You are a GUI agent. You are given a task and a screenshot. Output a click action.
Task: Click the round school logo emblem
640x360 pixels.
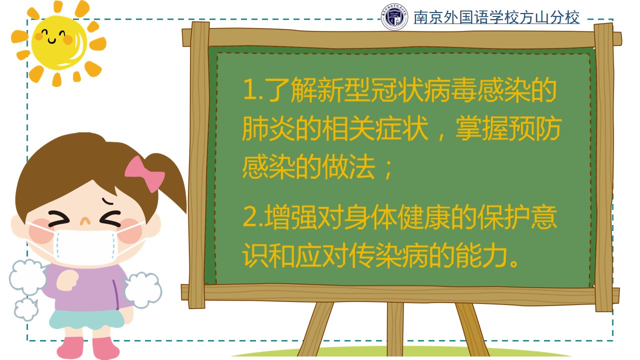pos(394,17)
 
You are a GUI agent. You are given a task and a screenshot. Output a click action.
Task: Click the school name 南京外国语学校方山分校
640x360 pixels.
pos(496,17)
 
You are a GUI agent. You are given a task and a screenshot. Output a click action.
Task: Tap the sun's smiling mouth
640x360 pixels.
pos(52,41)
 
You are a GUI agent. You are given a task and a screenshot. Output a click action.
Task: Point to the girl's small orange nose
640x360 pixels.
pos(85,221)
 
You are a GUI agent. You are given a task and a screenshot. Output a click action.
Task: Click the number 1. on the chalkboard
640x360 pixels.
pos(253,90)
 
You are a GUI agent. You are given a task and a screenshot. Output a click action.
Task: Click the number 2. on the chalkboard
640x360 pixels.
pos(253,217)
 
